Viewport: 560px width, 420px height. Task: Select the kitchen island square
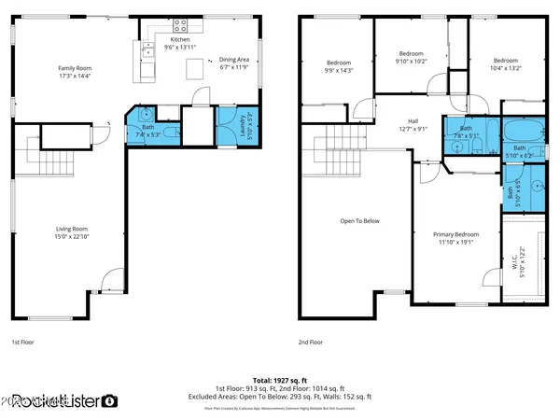[x=194, y=68]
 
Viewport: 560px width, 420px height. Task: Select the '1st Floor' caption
[x=25, y=343]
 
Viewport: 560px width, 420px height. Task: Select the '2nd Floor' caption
[x=311, y=343]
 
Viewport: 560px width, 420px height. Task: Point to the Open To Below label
[x=358, y=221]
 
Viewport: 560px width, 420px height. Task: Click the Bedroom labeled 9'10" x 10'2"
[x=411, y=58]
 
